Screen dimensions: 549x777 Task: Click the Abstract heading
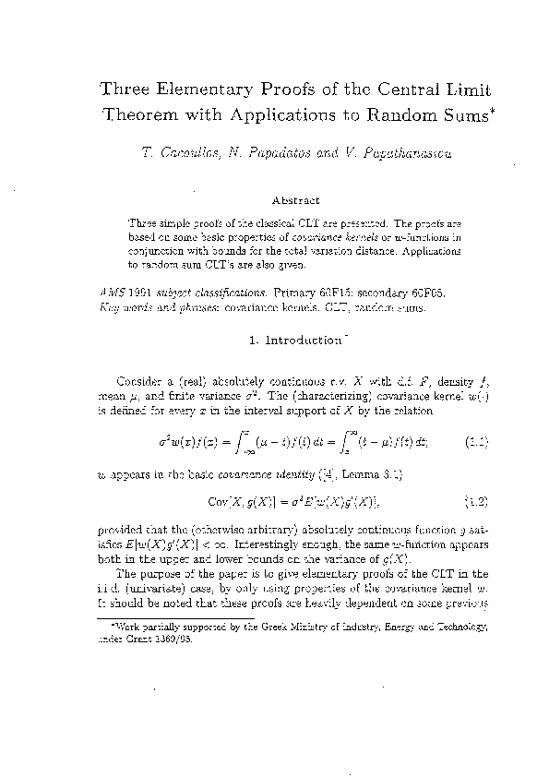coord(295,199)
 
